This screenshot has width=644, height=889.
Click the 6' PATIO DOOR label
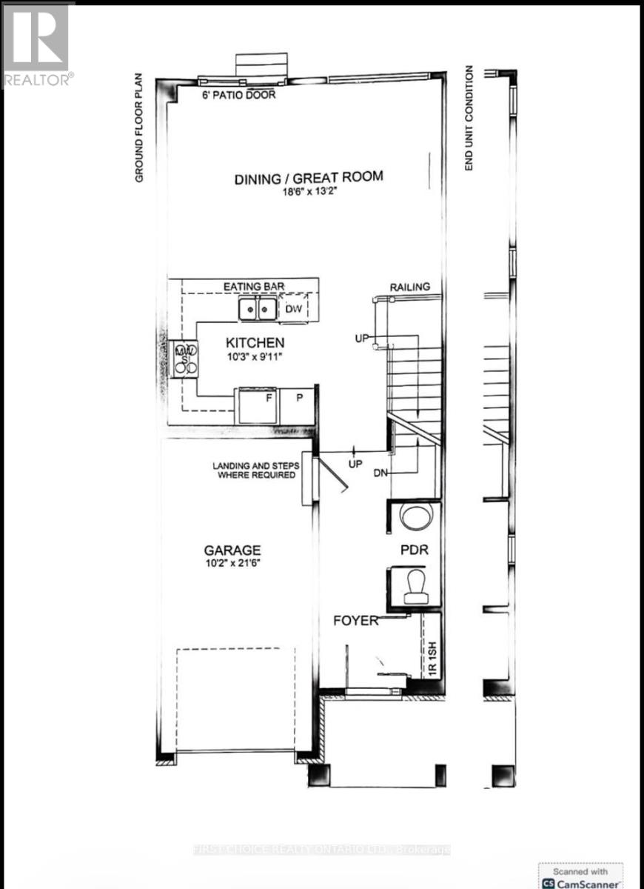coord(238,95)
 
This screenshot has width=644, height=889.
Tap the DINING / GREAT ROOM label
coord(309,177)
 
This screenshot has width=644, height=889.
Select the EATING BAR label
coord(254,285)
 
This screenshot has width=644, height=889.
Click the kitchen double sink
coord(257,309)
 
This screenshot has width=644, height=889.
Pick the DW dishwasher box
coord(293,309)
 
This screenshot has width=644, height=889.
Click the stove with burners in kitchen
coord(185,359)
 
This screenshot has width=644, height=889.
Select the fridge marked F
coord(257,405)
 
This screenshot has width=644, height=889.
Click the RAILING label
coord(409,287)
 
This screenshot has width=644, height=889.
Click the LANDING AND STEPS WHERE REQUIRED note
coord(256,470)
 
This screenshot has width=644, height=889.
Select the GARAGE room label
coord(232,550)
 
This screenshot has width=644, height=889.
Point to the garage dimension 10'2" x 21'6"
coord(232,564)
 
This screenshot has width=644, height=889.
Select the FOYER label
coord(357,621)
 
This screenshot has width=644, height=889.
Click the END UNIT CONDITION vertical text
coord(469,119)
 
